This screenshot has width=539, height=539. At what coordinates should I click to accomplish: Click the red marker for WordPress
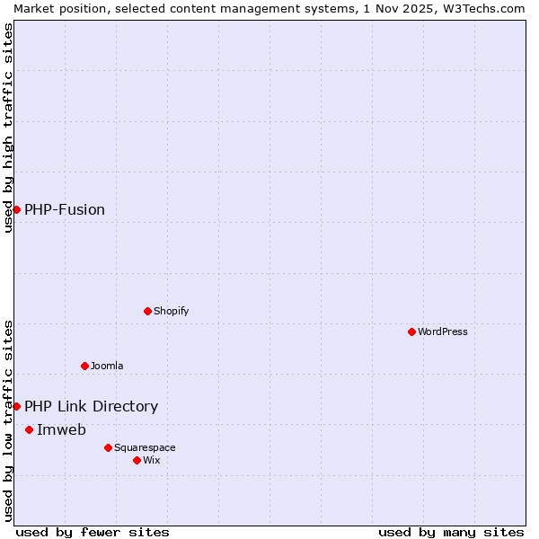[411, 331]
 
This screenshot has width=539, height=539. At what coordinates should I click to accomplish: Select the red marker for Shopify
[147, 311]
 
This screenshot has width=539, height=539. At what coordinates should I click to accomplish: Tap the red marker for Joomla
[84, 366]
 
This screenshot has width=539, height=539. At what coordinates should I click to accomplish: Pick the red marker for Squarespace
[108, 447]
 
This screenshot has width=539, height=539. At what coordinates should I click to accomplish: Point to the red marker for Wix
[137, 460]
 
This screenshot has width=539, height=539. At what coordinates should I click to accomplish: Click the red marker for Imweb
[29, 429]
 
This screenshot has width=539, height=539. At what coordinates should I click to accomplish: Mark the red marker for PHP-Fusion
[16, 209]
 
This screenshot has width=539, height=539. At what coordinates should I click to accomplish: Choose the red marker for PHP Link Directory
[16, 406]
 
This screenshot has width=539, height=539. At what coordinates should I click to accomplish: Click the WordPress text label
[443, 331]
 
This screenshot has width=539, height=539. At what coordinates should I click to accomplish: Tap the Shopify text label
[171, 311]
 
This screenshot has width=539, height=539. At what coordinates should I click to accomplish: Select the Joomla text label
[107, 366]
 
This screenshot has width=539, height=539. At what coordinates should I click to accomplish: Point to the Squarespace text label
[145, 447]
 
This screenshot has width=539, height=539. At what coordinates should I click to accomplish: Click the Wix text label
[151, 460]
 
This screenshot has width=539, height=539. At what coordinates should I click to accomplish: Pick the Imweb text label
[61, 429]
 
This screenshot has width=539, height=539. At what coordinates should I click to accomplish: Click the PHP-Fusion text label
[65, 209]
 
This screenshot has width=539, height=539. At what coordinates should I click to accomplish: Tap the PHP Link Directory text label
[91, 406]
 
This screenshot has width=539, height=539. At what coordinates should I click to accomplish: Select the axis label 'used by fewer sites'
[93, 532]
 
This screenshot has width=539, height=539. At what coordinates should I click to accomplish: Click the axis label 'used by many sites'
[451, 532]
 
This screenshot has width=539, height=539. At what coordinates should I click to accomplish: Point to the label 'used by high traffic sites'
[8, 128]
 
